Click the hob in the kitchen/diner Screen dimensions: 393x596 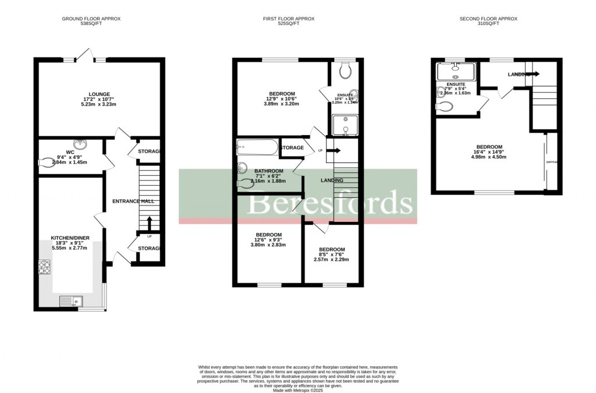coord(44,267)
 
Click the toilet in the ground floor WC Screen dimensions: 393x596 coord(45,164)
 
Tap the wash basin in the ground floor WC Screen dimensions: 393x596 coord(77,143)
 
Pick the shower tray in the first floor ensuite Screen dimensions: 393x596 coord(344,125)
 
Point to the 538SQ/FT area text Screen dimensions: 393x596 coord(91,24)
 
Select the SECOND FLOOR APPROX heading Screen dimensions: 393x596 coord(488,19)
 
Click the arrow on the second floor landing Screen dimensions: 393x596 coord(533,74)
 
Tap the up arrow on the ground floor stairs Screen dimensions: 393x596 coord(149,224)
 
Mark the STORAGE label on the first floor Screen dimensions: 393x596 coord(292,148)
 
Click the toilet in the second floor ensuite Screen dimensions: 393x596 coord(446,107)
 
